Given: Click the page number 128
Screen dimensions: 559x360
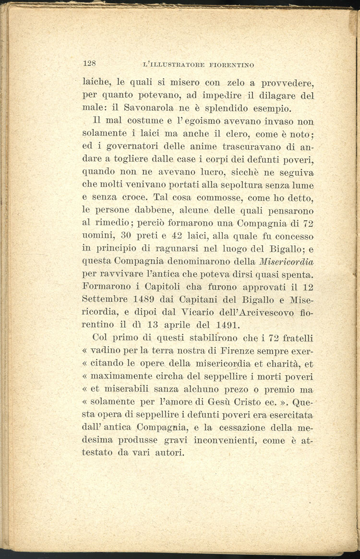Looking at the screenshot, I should tap(90, 63).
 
